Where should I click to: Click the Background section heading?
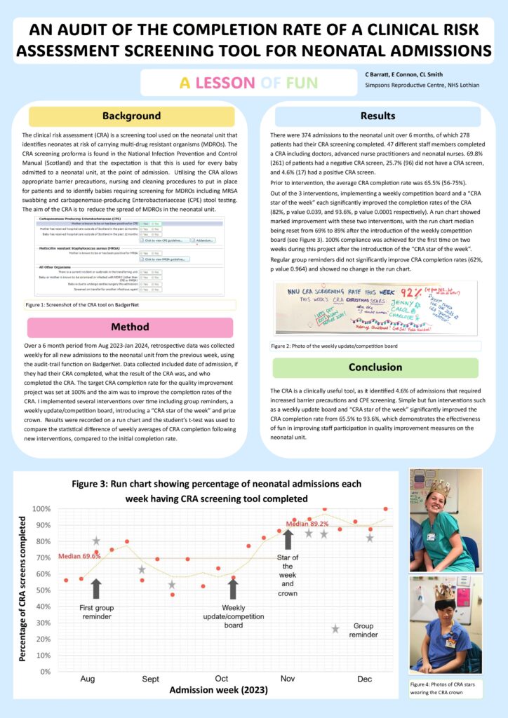pos(131,116)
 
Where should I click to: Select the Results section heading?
pos(377,116)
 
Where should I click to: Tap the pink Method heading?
pos(131,327)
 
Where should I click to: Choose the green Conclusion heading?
pos(376,367)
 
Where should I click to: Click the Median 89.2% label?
pos(306,523)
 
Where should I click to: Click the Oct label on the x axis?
pos(222,679)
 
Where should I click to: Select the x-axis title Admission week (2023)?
pos(218,691)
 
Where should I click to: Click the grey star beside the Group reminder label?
pos(335,629)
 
